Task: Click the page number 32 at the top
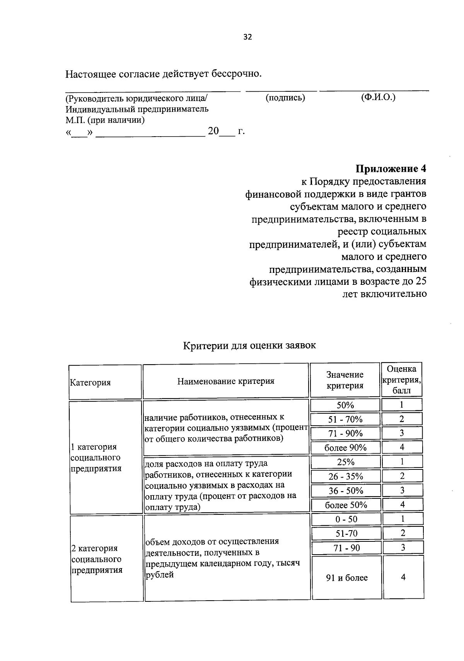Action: pyautogui.click(x=247, y=37)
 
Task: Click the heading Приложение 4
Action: pyautogui.click(x=391, y=169)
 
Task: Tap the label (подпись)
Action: pyautogui.click(x=285, y=98)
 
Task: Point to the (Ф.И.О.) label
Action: pyautogui.click(x=378, y=98)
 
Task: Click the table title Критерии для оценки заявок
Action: pyautogui.click(x=249, y=345)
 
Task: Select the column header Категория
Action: pyautogui.click(x=90, y=383)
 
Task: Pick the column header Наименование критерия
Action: pyautogui.click(x=226, y=381)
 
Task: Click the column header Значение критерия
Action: pyautogui.click(x=345, y=380)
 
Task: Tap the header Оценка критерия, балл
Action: pyautogui.click(x=401, y=380)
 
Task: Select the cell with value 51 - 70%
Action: pyautogui.click(x=345, y=420)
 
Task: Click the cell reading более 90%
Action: pyautogui.click(x=345, y=448)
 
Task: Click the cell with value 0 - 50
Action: pyautogui.click(x=346, y=519)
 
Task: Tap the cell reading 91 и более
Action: pyautogui.click(x=347, y=578)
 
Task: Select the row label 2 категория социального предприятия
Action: pyautogui.click(x=97, y=559)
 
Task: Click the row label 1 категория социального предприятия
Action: pyautogui.click(x=96, y=457)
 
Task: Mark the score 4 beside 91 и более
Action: pyautogui.click(x=403, y=577)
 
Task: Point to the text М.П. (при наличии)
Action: pyautogui.click(x=105, y=120)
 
